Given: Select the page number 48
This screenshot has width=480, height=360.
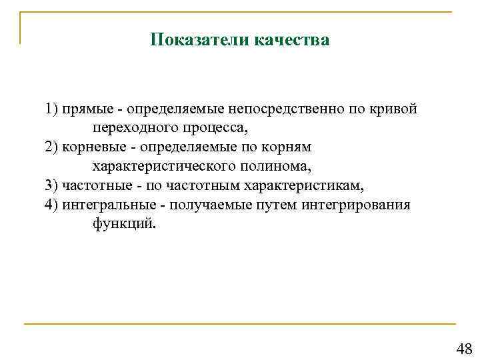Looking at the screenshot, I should coord(463,348).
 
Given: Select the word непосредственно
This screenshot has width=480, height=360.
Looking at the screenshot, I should coord(278,109).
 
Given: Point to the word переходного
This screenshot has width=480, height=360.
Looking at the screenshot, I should coord(134,127).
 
